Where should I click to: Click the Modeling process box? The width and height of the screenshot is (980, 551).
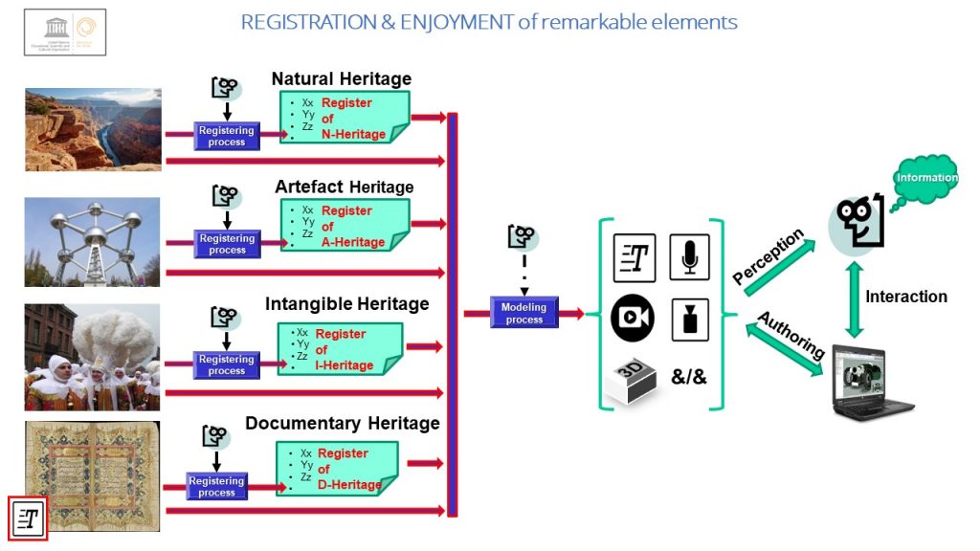[523, 313]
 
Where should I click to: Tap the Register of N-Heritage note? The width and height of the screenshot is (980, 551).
[345, 118]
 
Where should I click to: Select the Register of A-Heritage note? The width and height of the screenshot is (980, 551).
[345, 226]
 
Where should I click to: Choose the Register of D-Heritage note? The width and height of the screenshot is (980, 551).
[337, 468]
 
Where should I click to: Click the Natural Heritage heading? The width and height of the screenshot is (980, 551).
[341, 79]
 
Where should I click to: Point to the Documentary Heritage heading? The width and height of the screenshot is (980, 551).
[342, 423]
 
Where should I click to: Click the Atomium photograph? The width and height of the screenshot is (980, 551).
[92, 242]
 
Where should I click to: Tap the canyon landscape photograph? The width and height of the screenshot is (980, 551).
[93, 130]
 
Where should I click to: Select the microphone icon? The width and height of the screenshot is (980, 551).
[689, 257]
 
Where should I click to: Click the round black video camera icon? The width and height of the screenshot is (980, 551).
[633, 319]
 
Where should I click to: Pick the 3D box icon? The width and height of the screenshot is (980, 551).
[634, 378]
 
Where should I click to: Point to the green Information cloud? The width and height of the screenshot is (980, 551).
[925, 178]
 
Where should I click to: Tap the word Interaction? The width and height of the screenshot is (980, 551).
[905, 297]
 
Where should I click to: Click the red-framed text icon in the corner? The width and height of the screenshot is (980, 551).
[28, 519]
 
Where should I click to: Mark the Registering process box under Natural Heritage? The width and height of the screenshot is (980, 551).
[227, 136]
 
